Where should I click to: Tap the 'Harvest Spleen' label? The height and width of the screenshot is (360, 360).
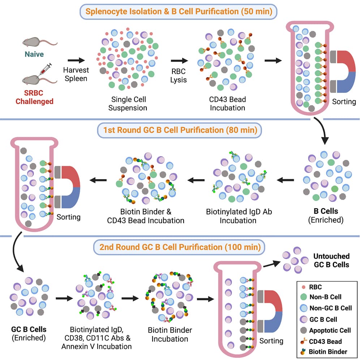(76, 74)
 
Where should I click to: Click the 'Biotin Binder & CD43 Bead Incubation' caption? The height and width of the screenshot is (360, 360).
(146, 216)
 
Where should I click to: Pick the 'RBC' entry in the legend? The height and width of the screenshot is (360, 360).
(315, 287)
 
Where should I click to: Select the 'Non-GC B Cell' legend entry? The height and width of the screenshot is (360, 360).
(330, 308)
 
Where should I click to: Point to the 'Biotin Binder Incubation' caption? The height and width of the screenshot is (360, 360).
(170, 335)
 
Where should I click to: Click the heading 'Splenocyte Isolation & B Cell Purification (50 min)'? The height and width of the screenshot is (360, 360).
(180, 12)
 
